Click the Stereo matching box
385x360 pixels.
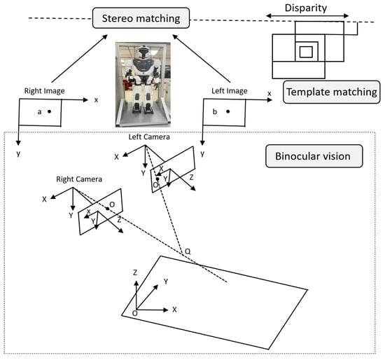[141, 18]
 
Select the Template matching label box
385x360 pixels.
[332, 92]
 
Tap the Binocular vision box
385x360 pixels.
[314, 156]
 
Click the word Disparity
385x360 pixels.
[306, 8]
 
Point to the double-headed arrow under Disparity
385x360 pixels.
[307, 16]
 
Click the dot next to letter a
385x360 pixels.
[50, 111]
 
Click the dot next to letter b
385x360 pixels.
[228, 111]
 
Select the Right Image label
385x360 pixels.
[44, 91]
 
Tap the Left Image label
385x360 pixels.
[230, 91]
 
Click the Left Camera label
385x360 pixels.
[149, 137]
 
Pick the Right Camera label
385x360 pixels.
[79, 179]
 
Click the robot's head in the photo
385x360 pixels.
[143, 52]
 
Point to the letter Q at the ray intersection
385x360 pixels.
[188, 251]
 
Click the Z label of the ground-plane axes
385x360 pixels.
[135, 272]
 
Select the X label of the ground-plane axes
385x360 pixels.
[174, 310]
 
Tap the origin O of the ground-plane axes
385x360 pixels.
[135, 313]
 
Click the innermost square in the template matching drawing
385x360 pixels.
[306, 52]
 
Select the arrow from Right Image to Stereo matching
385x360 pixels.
[80, 59]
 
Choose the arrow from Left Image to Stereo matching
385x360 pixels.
[202, 59]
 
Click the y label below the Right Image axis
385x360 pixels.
[18, 153]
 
